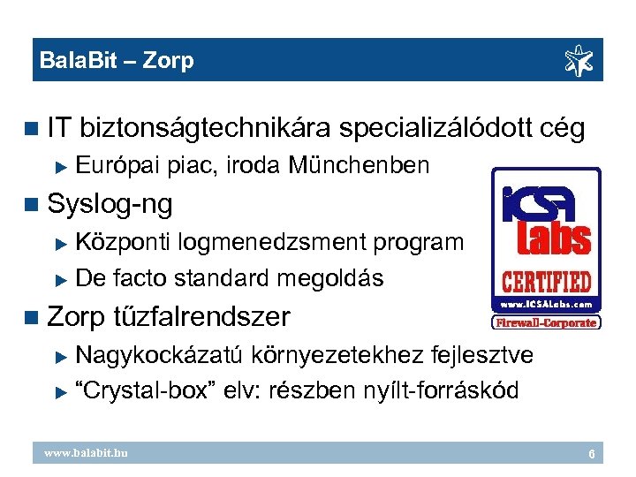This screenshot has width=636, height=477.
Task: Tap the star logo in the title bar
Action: pyautogui.click(x=581, y=61)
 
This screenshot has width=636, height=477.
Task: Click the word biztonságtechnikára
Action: pyautogui.click(x=205, y=129)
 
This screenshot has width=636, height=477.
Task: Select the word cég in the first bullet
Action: pyautogui.click(x=561, y=129)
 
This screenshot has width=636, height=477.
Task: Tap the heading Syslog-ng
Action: pyautogui.click(x=110, y=204)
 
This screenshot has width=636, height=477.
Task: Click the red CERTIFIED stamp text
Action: pyautogui.click(x=545, y=284)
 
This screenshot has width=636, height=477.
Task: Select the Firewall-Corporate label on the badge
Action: pyautogui.click(x=546, y=323)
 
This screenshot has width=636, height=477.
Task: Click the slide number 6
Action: pyautogui.click(x=592, y=454)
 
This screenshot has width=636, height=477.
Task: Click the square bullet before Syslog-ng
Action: pyautogui.click(x=34, y=204)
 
